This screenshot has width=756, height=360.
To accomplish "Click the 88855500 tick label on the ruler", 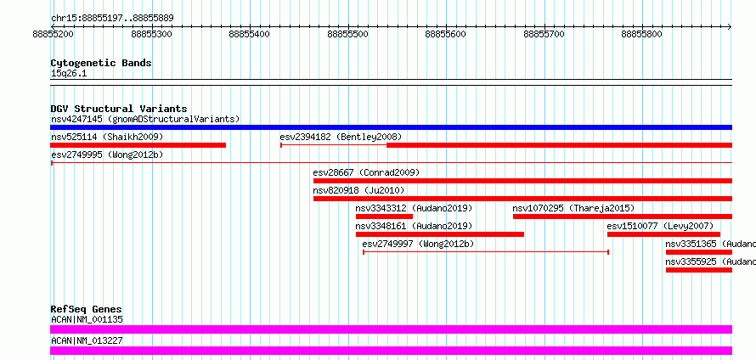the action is click(x=347, y=34).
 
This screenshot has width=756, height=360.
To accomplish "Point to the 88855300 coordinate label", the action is click(x=151, y=34).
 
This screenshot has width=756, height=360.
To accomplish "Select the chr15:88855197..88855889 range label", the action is click(x=112, y=19).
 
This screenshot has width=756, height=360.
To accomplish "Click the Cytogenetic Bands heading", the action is click(x=101, y=63).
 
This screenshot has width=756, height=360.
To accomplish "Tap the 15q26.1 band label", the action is click(x=69, y=74).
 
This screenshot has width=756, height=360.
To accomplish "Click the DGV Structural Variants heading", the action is click(x=119, y=109).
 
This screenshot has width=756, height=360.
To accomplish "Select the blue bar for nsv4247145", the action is click(x=391, y=127).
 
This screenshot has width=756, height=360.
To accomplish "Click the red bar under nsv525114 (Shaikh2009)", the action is click(x=138, y=145).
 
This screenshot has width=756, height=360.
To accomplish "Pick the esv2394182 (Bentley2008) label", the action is click(x=341, y=137).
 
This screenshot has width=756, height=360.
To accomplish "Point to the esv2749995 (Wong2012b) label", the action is click(x=107, y=155).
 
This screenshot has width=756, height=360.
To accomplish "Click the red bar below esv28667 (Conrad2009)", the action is click(x=522, y=181).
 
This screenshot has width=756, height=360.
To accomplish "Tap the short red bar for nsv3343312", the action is click(x=384, y=217).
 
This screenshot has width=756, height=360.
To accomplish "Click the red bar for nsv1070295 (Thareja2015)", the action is click(x=623, y=217).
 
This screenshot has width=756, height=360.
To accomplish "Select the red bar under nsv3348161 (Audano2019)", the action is click(x=440, y=234).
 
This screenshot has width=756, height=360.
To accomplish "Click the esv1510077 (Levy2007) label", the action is click(x=660, y=226).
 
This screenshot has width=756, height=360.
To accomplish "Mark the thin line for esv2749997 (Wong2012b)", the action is click(x=486, y=252).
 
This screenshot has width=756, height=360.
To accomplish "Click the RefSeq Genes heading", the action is click(x=87, y=309).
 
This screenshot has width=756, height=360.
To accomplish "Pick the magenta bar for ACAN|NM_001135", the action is click(x=391, y=329).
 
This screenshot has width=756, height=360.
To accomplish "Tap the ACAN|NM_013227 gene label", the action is click(x=87, y=340).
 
